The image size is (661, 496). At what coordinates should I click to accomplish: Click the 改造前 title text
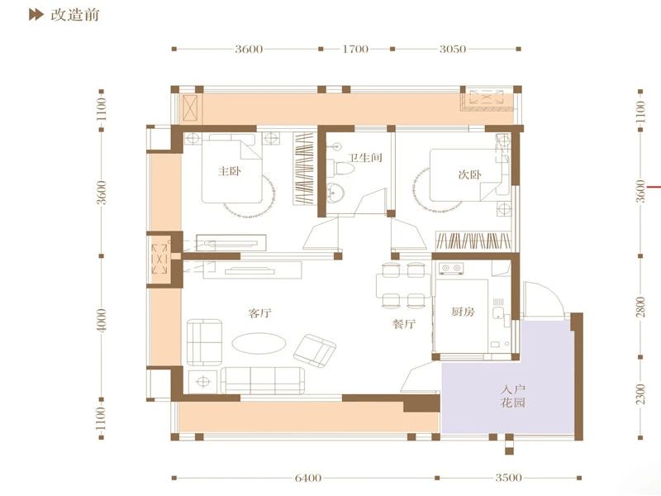pyautogui.click(x=74, y=15)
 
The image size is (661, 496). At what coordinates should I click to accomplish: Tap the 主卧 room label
pyautogui.click(x=230, y=171)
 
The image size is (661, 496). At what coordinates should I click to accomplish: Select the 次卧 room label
pyautogui.click(x=469, y=174)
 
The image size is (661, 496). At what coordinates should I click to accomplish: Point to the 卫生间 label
pyautogui.click(x=365, y=158)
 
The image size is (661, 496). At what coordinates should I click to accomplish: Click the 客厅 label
pyautogui.click(x=259, y=313)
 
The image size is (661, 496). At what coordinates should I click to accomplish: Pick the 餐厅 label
pyautogui.click(x=404, y=323)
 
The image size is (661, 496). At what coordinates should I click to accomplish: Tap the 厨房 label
pyautogui.click(x=463, y=312)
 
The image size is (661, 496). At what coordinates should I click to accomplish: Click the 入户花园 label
pyautogui.click(x=513, y=396)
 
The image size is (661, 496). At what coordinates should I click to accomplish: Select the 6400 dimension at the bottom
pyautogui.click(x=307, y=478)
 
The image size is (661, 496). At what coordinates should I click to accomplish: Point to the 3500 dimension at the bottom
pyautogui.click(x=508, y=478)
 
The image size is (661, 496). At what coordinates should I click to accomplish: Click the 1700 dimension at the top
pyautogui.click(x=355, y=49)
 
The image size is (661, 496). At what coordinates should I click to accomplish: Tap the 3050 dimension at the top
pyautogui.click(x=453, y=49)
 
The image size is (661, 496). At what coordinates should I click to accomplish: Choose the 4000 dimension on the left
pyautogui.click(x=102, y=321)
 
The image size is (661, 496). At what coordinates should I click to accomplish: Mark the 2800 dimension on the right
pyautogui.click(x=641, y=307)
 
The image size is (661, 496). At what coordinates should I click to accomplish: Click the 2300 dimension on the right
pyautogui.click(x=641, y=394)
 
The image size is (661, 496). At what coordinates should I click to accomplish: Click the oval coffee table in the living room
pyautogui.click(x=259, y=343)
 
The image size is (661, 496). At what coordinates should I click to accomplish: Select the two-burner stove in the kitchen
pyautogui.click(x=450, y=268)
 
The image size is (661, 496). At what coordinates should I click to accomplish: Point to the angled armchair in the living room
pyautogui.click(x=315, y=351)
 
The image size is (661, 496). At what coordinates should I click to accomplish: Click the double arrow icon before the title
pyautogui.click(x=36, y=15)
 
